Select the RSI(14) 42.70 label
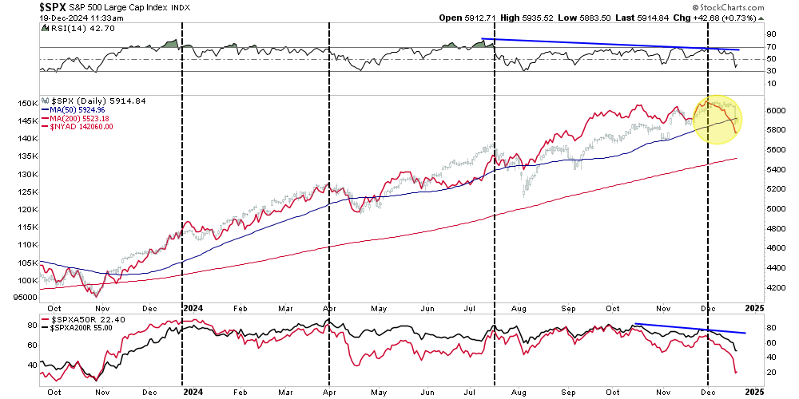pos(75,27)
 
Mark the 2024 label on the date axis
pos(193,306)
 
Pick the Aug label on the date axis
pos(519,306)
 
